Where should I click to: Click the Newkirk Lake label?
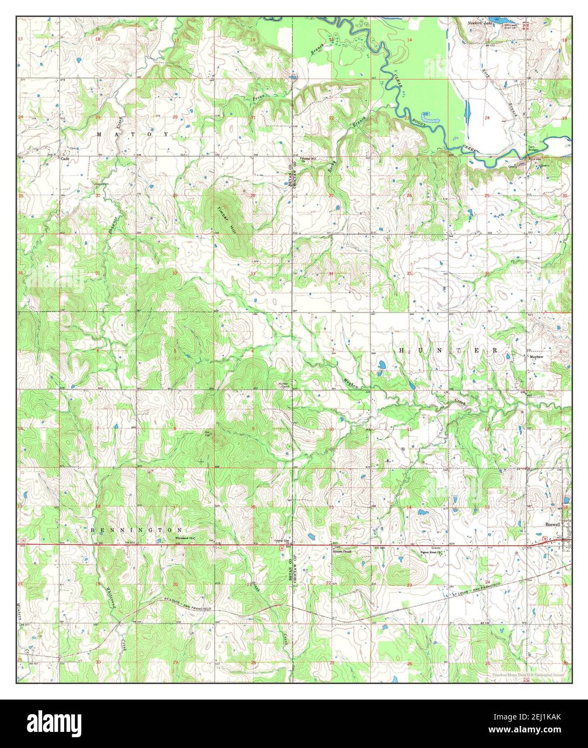click(480, 24)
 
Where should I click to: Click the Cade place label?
click(65, 159)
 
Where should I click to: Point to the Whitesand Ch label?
click(184, 538)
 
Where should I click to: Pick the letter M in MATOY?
click(99, 133)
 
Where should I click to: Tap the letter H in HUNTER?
click(401, 350)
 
